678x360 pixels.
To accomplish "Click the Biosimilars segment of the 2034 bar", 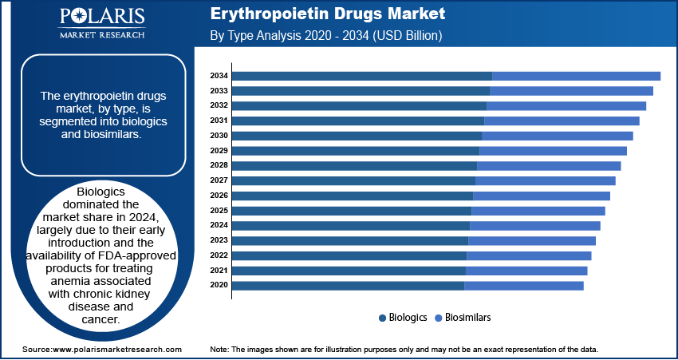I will (x=576, y=76).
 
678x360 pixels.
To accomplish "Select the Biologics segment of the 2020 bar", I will (x=348, y=286).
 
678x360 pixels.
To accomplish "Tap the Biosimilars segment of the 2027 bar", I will (x=546, y=180).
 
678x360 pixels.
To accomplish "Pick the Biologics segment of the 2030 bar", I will (x=357, y=136).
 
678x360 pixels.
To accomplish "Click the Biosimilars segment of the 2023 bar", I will (x=532, y=240).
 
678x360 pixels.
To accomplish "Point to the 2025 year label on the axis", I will (x=219, y=211).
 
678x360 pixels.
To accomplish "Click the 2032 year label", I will (x=219, y=105).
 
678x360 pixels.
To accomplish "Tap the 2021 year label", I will (x=219, y=271).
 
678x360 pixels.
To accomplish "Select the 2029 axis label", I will (x=219, y=151).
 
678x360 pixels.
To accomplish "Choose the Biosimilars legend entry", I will (x=467, y=317).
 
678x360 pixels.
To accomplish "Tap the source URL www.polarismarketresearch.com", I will (x=116, y=350).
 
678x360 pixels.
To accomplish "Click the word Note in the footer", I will (x=219, y=350).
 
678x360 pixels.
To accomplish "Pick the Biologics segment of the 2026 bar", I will (x=353, y=196).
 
